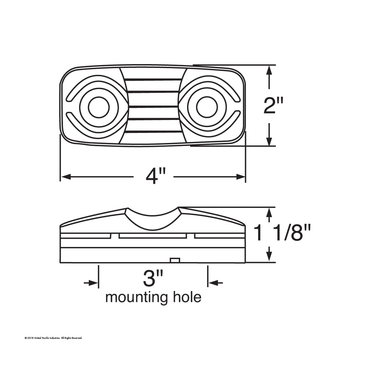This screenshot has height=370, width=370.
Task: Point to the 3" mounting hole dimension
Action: (153, 279)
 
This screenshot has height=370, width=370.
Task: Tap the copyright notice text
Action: (53, 338)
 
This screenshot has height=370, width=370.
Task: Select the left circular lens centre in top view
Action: (99, 107)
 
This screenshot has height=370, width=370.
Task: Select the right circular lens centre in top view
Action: (207, 107)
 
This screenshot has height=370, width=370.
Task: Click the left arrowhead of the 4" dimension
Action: (66, 176)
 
